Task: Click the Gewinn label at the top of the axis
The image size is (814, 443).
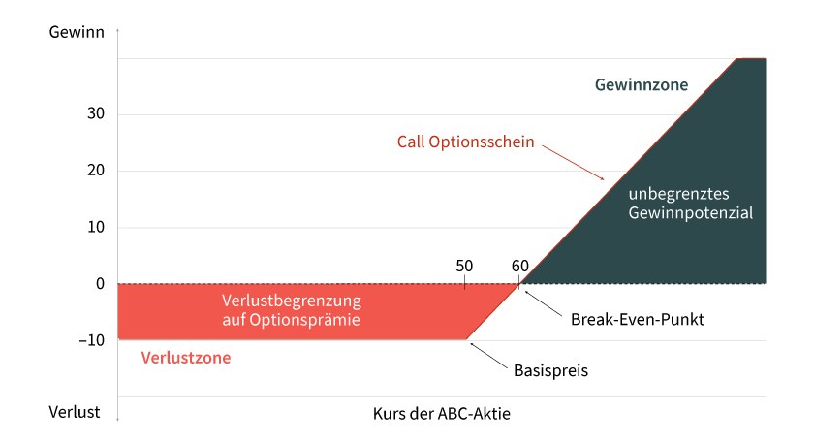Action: point(77,32)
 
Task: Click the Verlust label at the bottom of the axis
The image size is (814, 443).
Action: point(75,412)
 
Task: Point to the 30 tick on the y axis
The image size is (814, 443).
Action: point(96,113)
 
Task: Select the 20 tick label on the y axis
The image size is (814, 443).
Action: point(96,170)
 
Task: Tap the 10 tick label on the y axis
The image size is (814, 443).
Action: point(96,227)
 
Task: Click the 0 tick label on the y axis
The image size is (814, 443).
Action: point(100,284)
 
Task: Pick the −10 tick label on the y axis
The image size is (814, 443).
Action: point(92,340)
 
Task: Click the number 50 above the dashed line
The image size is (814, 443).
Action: point(464,266)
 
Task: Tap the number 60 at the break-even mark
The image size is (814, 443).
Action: point(519,266)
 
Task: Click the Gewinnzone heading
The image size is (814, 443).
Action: point(642,84)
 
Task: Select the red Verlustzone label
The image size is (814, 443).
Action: point(186,358)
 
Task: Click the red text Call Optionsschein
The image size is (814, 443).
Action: point(466,142)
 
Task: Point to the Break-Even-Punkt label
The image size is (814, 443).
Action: point(638,319)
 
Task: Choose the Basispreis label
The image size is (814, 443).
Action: point(550,370)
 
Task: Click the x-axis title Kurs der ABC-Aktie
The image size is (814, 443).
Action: point(441,413)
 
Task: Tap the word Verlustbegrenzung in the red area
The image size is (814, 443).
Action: point(292,301)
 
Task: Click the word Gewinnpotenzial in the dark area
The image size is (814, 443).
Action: point(690,212)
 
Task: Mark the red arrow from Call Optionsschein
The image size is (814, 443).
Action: point(573,163)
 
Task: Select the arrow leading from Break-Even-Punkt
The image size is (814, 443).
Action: point(543,303)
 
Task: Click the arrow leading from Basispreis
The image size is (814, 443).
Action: point(488,356)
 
